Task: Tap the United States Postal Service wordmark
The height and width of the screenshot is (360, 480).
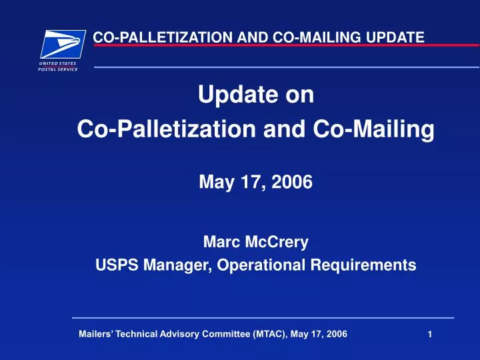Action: tap(58, 65)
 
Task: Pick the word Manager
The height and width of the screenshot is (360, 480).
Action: tap(167, 265)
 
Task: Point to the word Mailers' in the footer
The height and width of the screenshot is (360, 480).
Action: tap(95, 335)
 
